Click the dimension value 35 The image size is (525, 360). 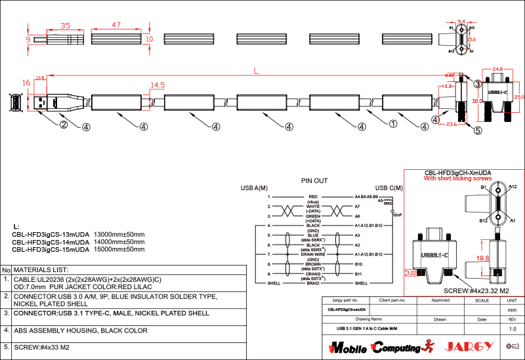click(x=65, y=26)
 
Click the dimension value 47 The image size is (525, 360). click(x=116, y=25)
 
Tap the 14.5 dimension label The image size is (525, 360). click(x=157, y=85)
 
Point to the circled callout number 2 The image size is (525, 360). click(x=64, y=125)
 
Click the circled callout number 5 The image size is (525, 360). click(x=477, y=130)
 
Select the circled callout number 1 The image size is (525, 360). click(x=393, y=123)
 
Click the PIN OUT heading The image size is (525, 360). click(x=314, y=180)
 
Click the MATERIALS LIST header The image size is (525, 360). click(x=41, y=270)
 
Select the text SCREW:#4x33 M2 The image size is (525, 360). click(x=41, y=348)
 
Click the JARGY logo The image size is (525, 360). click(x=467, y=346)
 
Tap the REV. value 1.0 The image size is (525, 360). click(x=513, y=328)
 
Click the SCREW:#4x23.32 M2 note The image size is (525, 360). click(x=476, y=290)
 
